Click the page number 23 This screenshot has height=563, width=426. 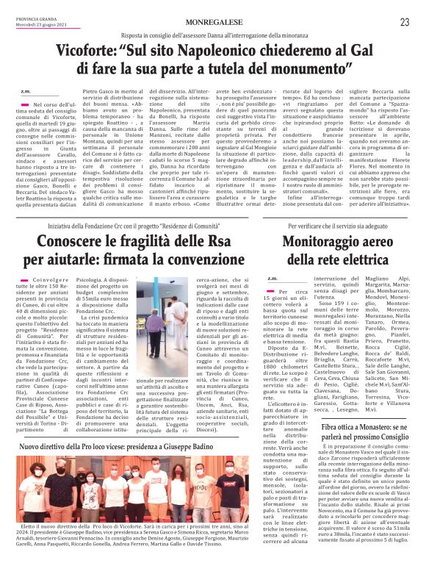point(404,23)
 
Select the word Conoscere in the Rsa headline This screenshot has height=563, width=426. point(72,243)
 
